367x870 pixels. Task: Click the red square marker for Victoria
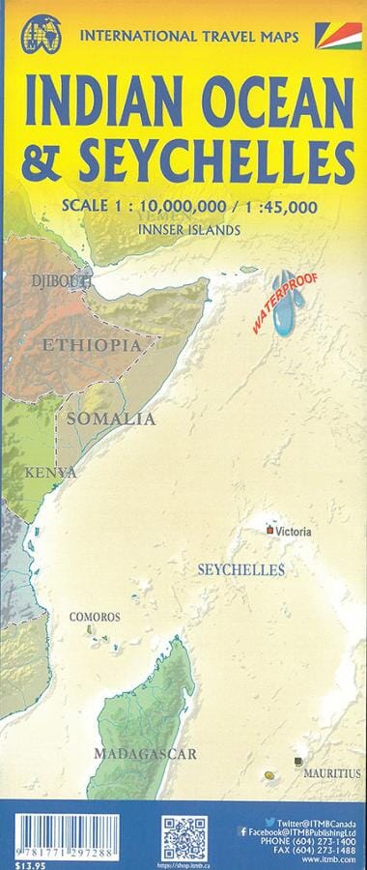coord(269,530)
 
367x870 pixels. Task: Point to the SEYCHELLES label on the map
coord(240,570)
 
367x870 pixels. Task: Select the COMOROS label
coord(94,617)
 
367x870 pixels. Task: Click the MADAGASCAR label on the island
coord(145,753)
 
